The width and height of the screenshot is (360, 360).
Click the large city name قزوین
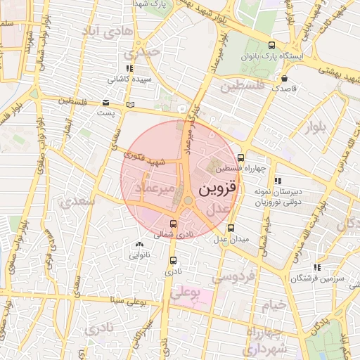point(219,189)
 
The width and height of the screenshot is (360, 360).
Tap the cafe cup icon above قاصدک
point(284,78)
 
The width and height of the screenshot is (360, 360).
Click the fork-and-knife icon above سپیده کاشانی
point(129,68)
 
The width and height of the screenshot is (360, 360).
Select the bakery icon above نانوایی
point(138,245)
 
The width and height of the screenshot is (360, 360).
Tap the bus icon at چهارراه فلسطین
point(241,157)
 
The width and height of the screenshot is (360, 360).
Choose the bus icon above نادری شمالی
point(173,224)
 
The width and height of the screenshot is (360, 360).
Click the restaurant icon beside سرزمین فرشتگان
point(316,267)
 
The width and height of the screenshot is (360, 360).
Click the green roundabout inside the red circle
point(188,202)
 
